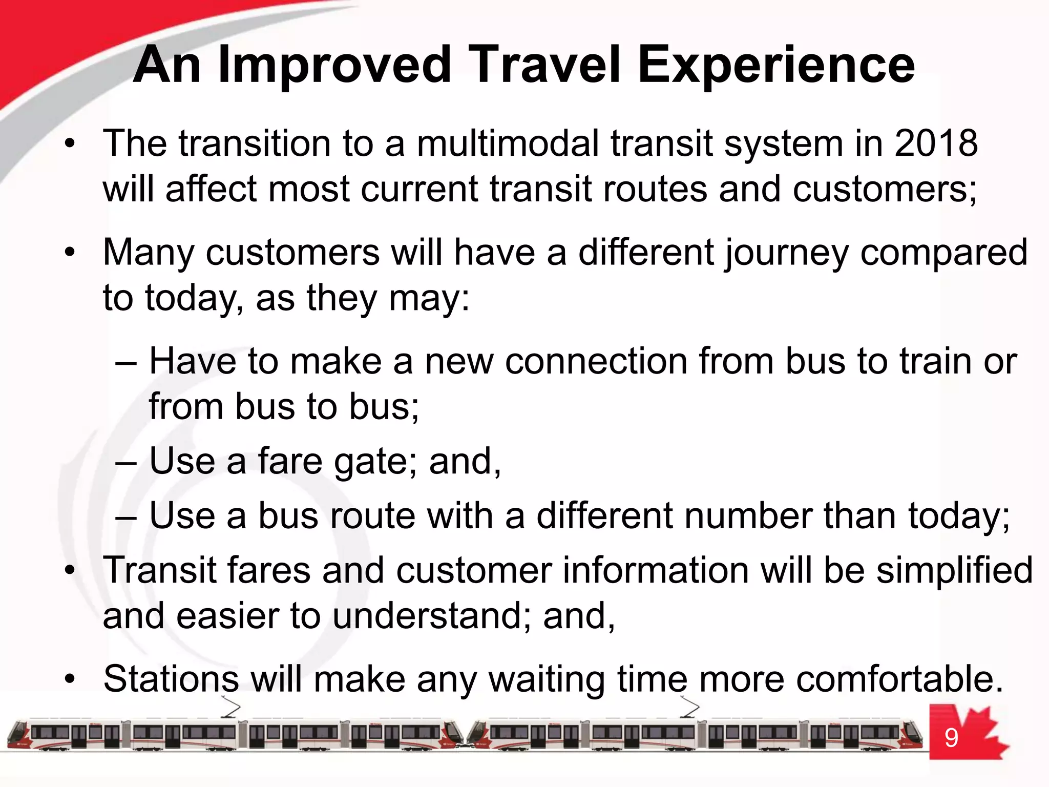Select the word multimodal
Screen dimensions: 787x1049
[508, 143]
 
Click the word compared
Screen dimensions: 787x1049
[943, 253]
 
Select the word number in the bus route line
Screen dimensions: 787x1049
[748, 516]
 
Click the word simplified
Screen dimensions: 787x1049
[954, 571]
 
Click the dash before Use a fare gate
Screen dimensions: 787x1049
[126, 463]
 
